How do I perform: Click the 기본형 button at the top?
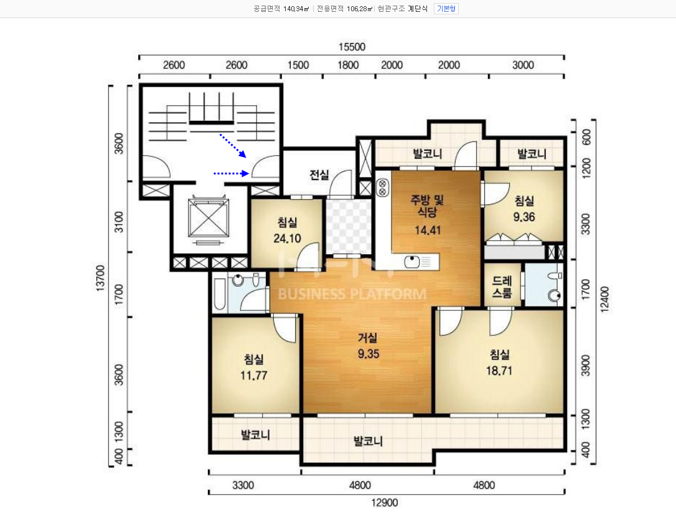(x=446, y=9)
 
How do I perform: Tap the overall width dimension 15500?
(x=352, y=47)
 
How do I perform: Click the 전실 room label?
(x=319, y=175)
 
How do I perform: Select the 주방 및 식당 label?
(x=427, y=206)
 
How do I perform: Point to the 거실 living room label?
(x=368, y=338)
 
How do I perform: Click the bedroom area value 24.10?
(x=287, y=238)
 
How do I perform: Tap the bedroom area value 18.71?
(x=499, y=370)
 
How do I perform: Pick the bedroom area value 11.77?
(x=253, y=376)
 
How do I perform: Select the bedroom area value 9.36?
(x=524, y=217)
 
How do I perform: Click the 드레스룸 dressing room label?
(x=502, y=287)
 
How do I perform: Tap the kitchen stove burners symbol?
(x=382, y=188)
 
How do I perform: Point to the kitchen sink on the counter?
(x=413, y=262)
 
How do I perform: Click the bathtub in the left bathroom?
(x=220, y=294)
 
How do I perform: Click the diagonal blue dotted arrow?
(x=233, y=145)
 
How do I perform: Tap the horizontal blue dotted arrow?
(x=232, y=173)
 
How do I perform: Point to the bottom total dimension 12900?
(x=385, y=502)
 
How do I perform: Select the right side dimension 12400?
(x=604, y=298)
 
